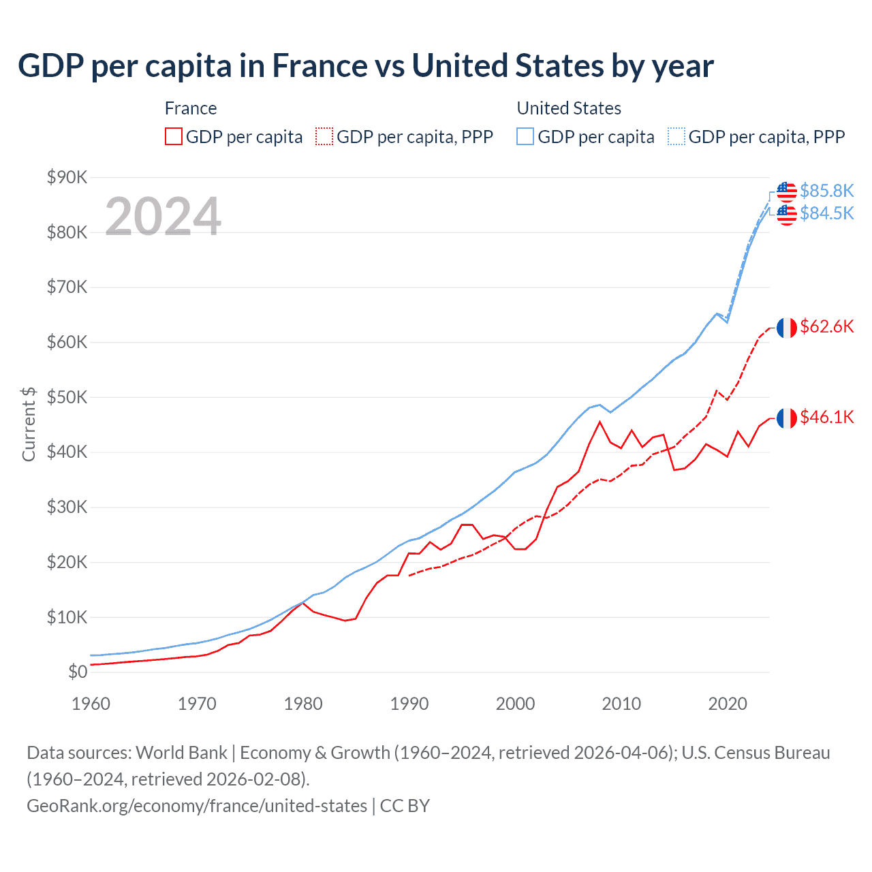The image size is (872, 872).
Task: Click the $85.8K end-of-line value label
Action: tap(826, 190)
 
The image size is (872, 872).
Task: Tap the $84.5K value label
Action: tap(826, 213)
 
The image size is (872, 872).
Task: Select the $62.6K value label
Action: tap(826, 326)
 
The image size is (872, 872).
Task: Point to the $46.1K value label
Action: tap(826, 417)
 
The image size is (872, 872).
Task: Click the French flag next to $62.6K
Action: tap(787, 328)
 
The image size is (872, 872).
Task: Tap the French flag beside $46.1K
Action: tap(787, 418)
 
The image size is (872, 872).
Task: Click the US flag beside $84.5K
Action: tap(787, 215)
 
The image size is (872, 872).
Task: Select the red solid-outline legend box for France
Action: tap(174, 136)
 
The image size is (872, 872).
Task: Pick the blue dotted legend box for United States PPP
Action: tap(676, 136)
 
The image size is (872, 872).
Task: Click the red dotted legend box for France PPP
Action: tap(324, 136)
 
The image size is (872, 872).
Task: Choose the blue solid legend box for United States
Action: tap(525, 136)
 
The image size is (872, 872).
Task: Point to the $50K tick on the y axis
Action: tap(67, 397)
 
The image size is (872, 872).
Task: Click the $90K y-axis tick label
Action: tap(67, 177)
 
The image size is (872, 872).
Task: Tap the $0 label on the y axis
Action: tap(78, 672)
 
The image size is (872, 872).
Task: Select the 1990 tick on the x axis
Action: tap(409, 704)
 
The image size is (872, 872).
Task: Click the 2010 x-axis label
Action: tap(621, 704)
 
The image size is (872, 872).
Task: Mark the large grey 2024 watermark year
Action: tap(163, 217)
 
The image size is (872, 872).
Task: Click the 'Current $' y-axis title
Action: tap(29, 424)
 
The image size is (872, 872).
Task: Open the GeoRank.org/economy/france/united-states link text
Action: tap(196, 806)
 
